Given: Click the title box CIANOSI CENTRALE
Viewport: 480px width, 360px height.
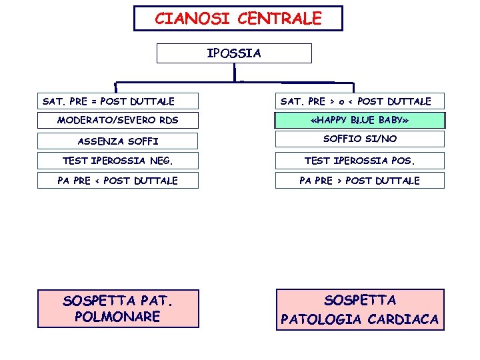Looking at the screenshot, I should pyautogui.click(x=238, y=19).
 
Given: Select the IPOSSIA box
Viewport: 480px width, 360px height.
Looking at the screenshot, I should pyautogui.click(x=234, y=53).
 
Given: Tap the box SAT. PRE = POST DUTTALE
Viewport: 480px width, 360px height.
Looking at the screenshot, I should pyautogui.click(x=117, y=101).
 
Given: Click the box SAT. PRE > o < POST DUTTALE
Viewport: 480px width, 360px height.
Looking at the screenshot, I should pyautogui.click(x=359, y=101).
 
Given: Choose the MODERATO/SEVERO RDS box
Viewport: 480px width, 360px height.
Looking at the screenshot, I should pyautogui.click(x=117, y=121).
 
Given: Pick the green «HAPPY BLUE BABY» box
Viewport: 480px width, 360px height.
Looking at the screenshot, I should pyautogui.click(x=359, y=121).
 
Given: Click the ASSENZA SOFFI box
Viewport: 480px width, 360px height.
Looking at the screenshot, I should pyautogui.click(x=117, y=141).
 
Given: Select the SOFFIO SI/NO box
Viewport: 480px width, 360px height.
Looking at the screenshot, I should pyautogui.click(x=359, y=139).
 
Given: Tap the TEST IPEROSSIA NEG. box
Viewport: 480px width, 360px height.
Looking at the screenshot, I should pyautogui.click(x=117, y=161).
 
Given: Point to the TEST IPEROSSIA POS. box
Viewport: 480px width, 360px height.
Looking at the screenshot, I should pyautogui.click(x=359, y=161).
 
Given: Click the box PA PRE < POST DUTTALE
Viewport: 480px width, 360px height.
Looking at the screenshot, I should pyautogui.click(x=117, y=181).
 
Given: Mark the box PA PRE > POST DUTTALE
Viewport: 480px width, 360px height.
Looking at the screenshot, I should pyautogui.click(x=359, y=181).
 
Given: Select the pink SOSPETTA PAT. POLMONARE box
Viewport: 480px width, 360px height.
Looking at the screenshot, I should pyautogui.click(x=117, y=309).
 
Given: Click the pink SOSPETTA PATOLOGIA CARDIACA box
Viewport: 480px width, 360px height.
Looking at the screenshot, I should pyautogui.click(x=359, y=309).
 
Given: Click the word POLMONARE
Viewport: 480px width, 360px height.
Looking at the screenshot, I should pyautogui.click(x=117, y=317).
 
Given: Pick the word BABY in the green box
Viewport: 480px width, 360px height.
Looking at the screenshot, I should pyautogui.click(x=392, y=121).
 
